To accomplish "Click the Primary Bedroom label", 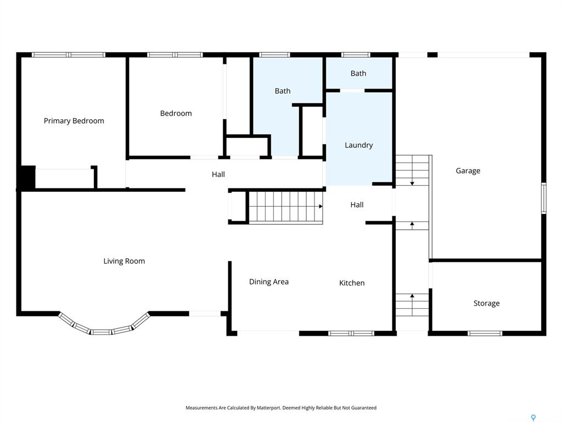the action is click(74, 121).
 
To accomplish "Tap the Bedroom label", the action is click(176, 113).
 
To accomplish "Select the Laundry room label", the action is click(359, 145).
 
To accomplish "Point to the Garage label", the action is click(468, 171).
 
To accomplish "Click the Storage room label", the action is click(486, 303).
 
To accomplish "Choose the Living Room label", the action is click(124, 261).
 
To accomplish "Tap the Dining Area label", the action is click(269, 282).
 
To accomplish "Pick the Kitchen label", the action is click(352, 283).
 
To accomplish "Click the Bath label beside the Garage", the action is click(358, 73).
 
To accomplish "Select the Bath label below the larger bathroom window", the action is click(283, 91).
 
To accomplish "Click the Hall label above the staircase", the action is click(218, 174).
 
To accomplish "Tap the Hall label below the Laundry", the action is click(357, 204).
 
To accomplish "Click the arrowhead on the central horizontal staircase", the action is click(321, 207).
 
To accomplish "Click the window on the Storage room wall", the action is click(485, 334).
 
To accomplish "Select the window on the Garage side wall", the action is click(544, 198).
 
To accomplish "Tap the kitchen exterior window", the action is click(351, 334).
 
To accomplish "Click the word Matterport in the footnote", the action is click(268, 408).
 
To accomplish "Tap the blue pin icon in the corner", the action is click(533, 418).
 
